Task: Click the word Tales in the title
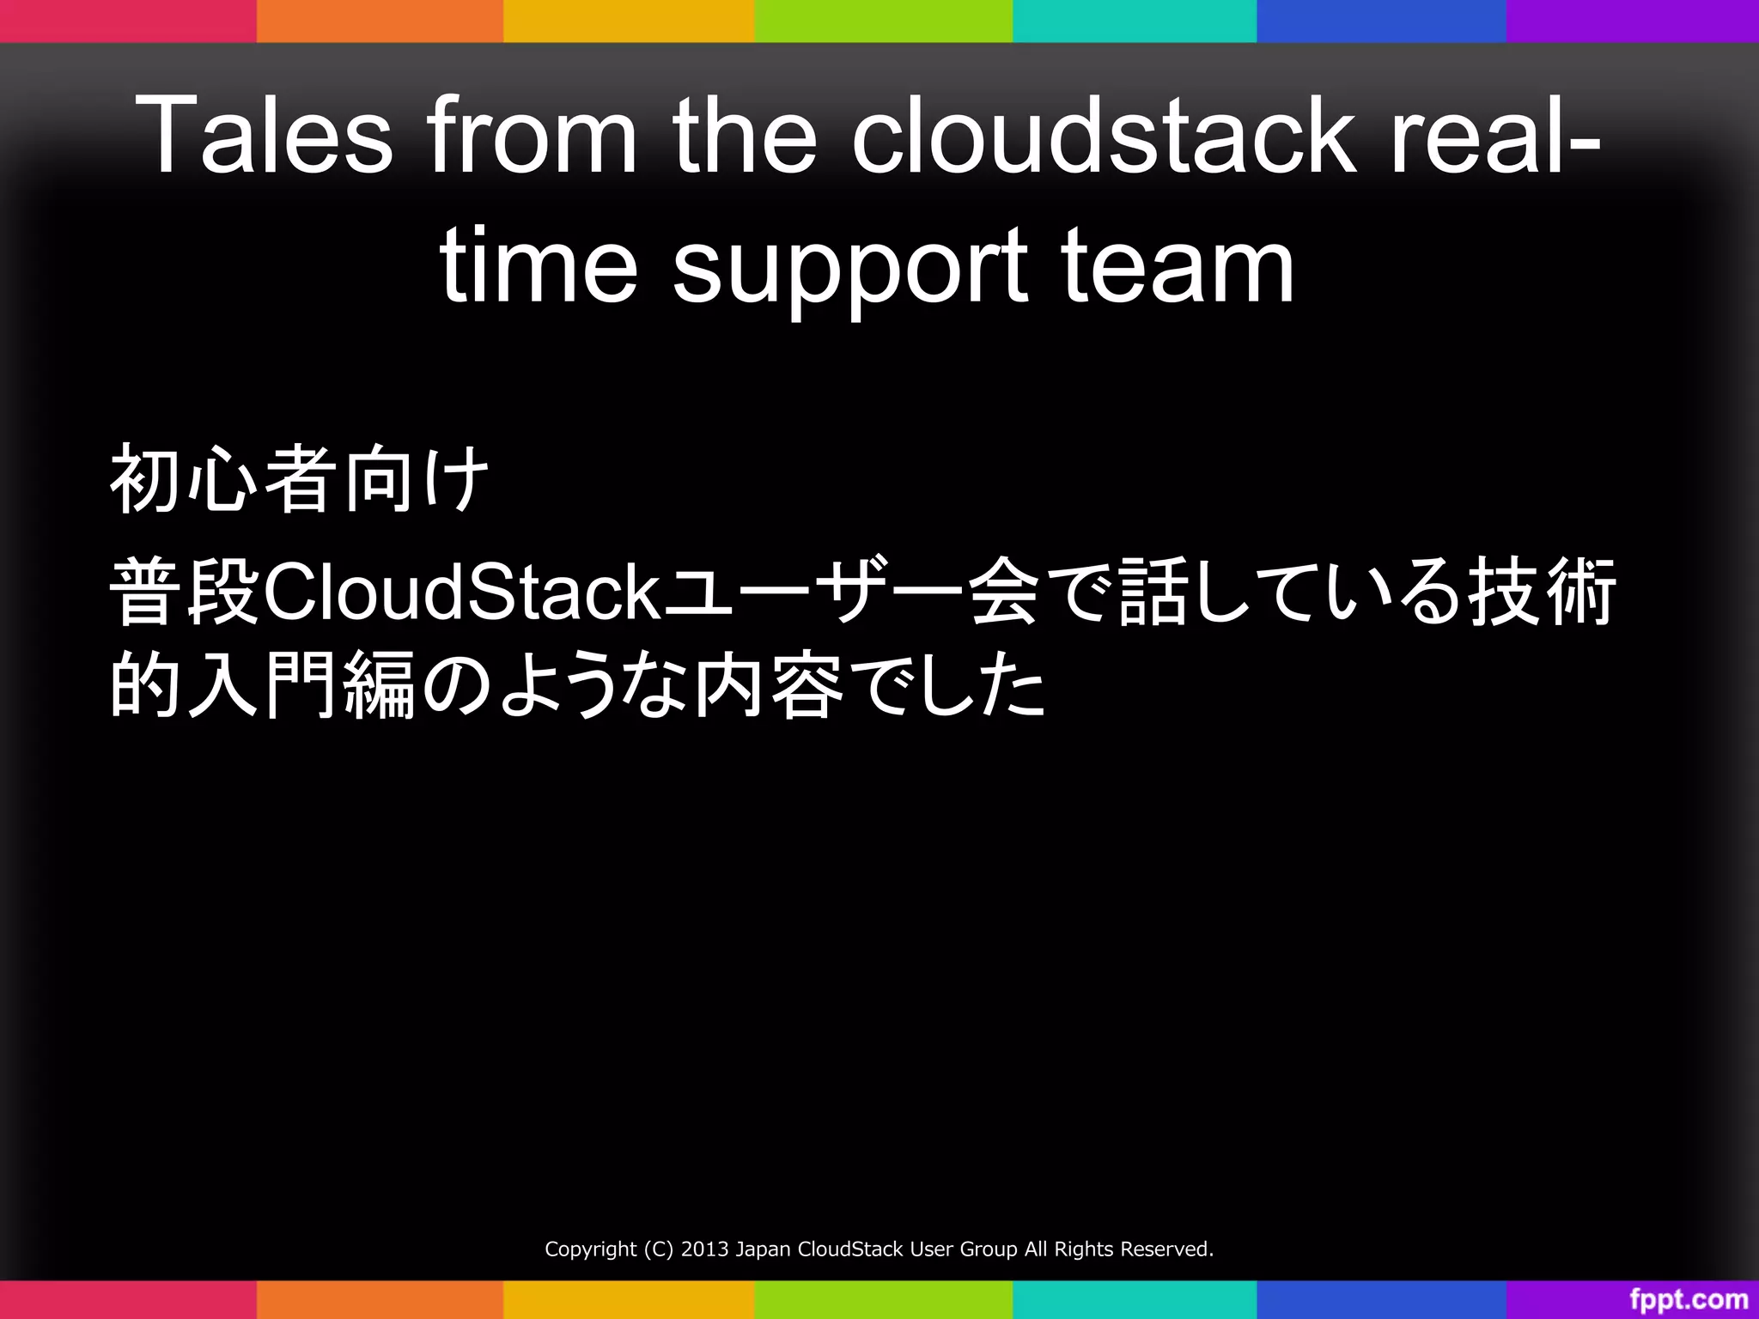coord(264,135)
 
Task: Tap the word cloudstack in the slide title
coord(1104,135)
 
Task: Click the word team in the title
coord(1177,266)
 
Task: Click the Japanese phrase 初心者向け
coord(299,479)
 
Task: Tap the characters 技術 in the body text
coord(1542,593)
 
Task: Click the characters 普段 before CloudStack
coord(185,593)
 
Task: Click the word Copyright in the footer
coord(591,1249)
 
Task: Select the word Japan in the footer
coord(764,1249)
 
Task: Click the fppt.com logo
coord(1689,1300)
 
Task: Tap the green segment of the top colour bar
coord(883,21)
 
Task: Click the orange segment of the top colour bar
coord(380,21)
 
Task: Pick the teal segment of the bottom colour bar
coord(1134,1299)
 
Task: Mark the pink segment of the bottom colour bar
coord(127,1299)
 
